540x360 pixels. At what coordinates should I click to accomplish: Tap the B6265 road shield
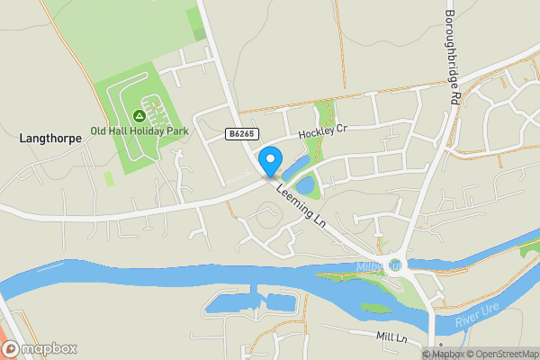238,133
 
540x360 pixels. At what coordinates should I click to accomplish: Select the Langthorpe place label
50,139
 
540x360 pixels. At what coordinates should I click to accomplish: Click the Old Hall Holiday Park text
139,131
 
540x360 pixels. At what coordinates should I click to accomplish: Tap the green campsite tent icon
139,115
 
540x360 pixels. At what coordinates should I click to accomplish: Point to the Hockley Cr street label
323,131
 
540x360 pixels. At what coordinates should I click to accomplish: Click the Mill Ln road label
392,336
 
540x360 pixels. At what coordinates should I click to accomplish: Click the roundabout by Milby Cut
395,265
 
